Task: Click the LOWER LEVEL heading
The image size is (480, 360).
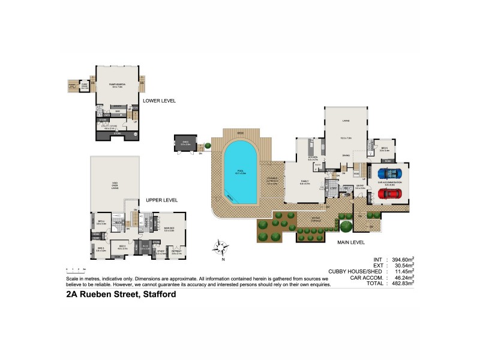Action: tap(158, 101)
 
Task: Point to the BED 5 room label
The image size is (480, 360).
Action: tap(384, 149)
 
